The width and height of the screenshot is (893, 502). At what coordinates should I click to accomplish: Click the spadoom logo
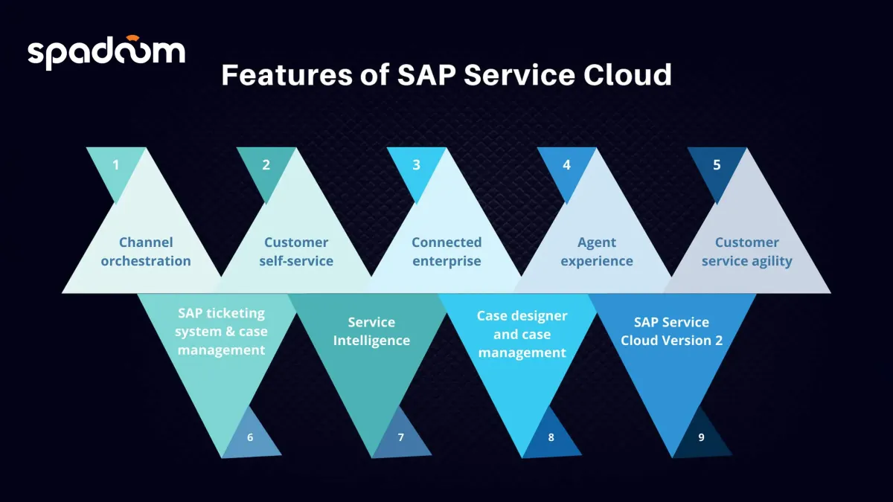[x=106, y=52]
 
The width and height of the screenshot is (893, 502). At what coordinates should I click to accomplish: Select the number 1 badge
[x=115, y=165]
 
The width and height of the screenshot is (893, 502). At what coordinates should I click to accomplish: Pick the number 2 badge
[x=266, y=165]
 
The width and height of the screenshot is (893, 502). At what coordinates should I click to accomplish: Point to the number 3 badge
[x=416, y=165]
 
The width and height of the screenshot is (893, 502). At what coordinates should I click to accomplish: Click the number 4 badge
[x=566, y=165]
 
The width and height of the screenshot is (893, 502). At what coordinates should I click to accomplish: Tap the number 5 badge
[x=717, y=165]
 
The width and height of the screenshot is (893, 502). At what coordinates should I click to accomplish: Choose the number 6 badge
[x=250, y=437]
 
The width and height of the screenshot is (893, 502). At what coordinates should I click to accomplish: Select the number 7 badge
[x=400, y=437]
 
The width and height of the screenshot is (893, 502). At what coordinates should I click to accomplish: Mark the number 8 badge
[x=551, y=437]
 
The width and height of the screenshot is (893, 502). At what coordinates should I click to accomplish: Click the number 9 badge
[x=701, y=437]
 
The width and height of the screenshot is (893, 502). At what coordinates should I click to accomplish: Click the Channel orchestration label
[x=146, y=251]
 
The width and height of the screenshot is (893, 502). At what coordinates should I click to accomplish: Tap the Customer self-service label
[x=296, y=251]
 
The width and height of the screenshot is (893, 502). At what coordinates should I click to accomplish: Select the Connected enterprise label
[x=446, y=251]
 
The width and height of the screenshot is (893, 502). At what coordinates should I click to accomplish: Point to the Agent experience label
[x=597, y=251]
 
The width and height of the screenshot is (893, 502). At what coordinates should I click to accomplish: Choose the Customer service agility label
[x=747, y=251]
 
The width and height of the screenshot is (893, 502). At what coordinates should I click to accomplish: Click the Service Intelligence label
[x=371, y=332]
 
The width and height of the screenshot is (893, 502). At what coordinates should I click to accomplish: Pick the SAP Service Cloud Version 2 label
[x=672, y=332]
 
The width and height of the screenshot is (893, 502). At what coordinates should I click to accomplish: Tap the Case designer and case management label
[x=522, y=334]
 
